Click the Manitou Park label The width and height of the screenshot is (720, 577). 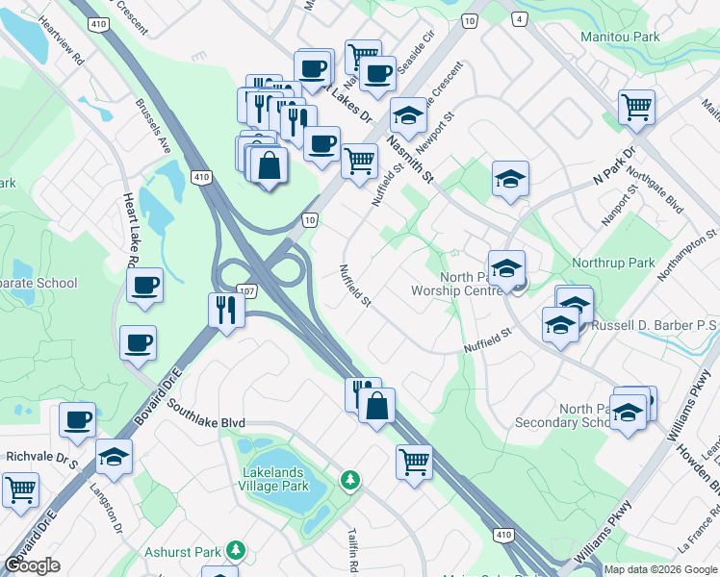point(620,37)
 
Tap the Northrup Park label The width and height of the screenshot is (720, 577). point(612,263)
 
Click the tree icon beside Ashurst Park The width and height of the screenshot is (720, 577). point(235,551)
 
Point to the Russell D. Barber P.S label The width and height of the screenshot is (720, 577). point(655,326)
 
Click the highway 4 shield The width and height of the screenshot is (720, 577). point(519,18)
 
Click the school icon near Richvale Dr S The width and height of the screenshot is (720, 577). point(114,456)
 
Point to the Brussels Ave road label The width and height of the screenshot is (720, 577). point(152,125)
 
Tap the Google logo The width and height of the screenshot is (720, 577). point(33,565)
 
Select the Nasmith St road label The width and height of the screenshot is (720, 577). point(410,158)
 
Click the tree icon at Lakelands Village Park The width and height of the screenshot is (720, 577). point(351,478)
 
